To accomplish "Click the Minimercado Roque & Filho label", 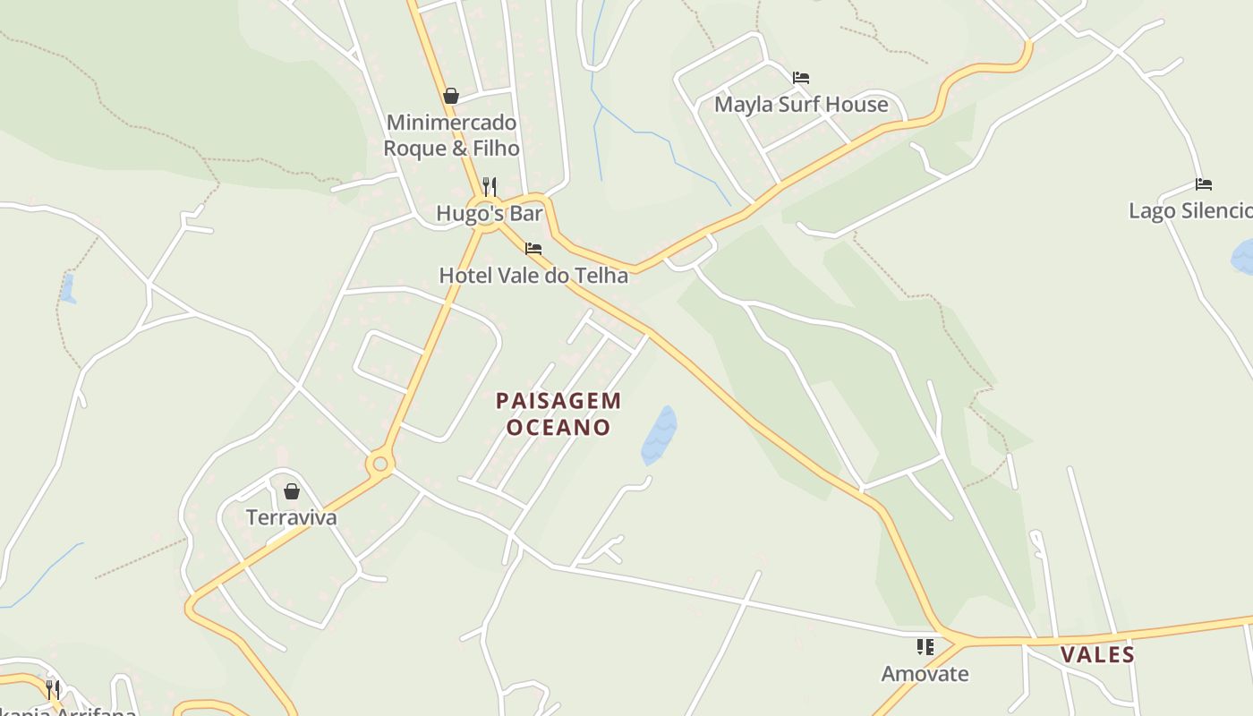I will pyautogui.click(x=451, y=135).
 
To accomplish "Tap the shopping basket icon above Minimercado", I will pyautogui.click(x=451, y=96).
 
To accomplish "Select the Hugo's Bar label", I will pyautogui.click(x=490, y=214).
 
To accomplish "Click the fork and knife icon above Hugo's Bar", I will pyautogui.click(x=490, y=186).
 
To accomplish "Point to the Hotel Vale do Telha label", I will pyautogui.click(x=533, y=276).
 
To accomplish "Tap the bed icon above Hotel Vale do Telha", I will pyautogui.click(x=533, y=248).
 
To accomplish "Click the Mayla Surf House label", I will pyautogui.click(x=801, y=105).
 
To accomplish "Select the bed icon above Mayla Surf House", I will pyautogui.click(x=801, y=78).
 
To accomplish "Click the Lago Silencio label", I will pyautogui.click(x=1190, y=211).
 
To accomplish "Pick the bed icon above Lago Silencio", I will pyautogui.click(x=1204, y=184).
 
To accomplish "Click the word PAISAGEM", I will pyautogui.click(x=558, y=401).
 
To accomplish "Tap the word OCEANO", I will pyautogui.click(x=558, y=428).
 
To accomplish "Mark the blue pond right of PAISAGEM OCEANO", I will pyautogui.click(x=660, y=435).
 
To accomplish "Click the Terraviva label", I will pyautogui.click(x=292, y=518).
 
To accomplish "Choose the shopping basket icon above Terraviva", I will pyautogui.click(x=292, y=491).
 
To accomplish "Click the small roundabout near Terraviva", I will pyautogui.click(x=380, y=464).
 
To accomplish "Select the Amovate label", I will pyautogui.click(x=925, y=674).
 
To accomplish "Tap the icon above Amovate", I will pyautogui.click(x=925, y=646).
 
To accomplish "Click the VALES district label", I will pyautogui.click(x=1097, y=655).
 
